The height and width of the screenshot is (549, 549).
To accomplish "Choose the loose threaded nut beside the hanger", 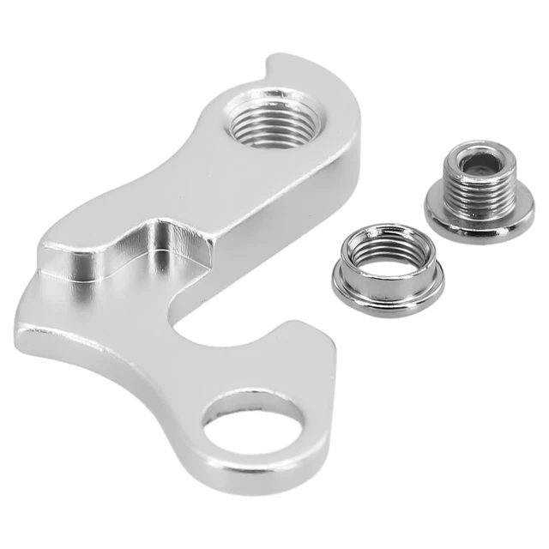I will [x=386, y=269].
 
